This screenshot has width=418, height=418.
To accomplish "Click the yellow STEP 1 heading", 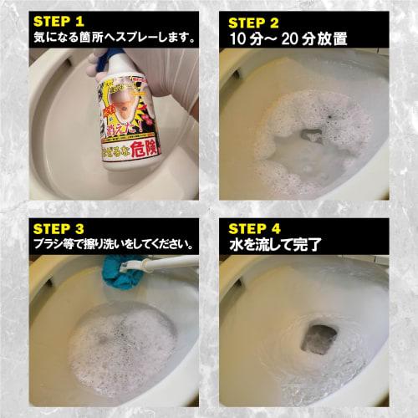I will (61, 21).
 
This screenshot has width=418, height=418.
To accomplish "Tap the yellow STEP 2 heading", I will (255, 21).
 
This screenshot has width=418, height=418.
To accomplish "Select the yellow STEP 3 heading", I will (61, 227).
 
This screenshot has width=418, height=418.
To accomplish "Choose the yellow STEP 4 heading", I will (255, 227).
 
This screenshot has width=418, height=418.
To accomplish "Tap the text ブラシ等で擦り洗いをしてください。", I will (114, 245).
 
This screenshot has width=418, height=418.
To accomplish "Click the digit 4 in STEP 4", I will (278, 227).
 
